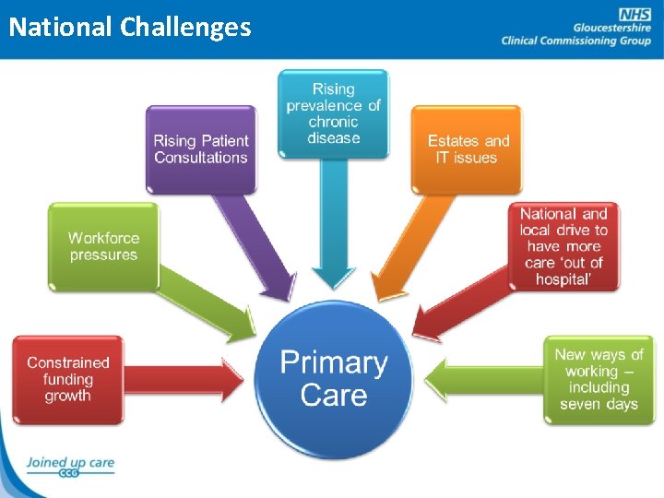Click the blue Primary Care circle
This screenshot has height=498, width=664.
[334, 379]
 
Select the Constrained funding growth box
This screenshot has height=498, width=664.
[68, 380]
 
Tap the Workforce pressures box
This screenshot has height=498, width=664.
[103, 246]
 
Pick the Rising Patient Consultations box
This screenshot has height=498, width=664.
[201, 148]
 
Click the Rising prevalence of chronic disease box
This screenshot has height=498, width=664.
[334, 113]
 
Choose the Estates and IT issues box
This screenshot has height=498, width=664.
[468, 148]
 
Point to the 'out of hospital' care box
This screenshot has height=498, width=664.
[563, 246]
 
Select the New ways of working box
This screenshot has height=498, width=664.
[599, 379]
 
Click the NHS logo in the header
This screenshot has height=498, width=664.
[634, 14]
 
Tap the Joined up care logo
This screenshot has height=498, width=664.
[69, 466]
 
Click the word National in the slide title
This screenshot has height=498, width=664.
[60, 27]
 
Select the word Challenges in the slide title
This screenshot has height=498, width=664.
[185, 27]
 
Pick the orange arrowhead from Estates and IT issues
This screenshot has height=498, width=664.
[385, 288]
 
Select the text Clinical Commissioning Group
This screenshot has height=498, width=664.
[575, 41]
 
